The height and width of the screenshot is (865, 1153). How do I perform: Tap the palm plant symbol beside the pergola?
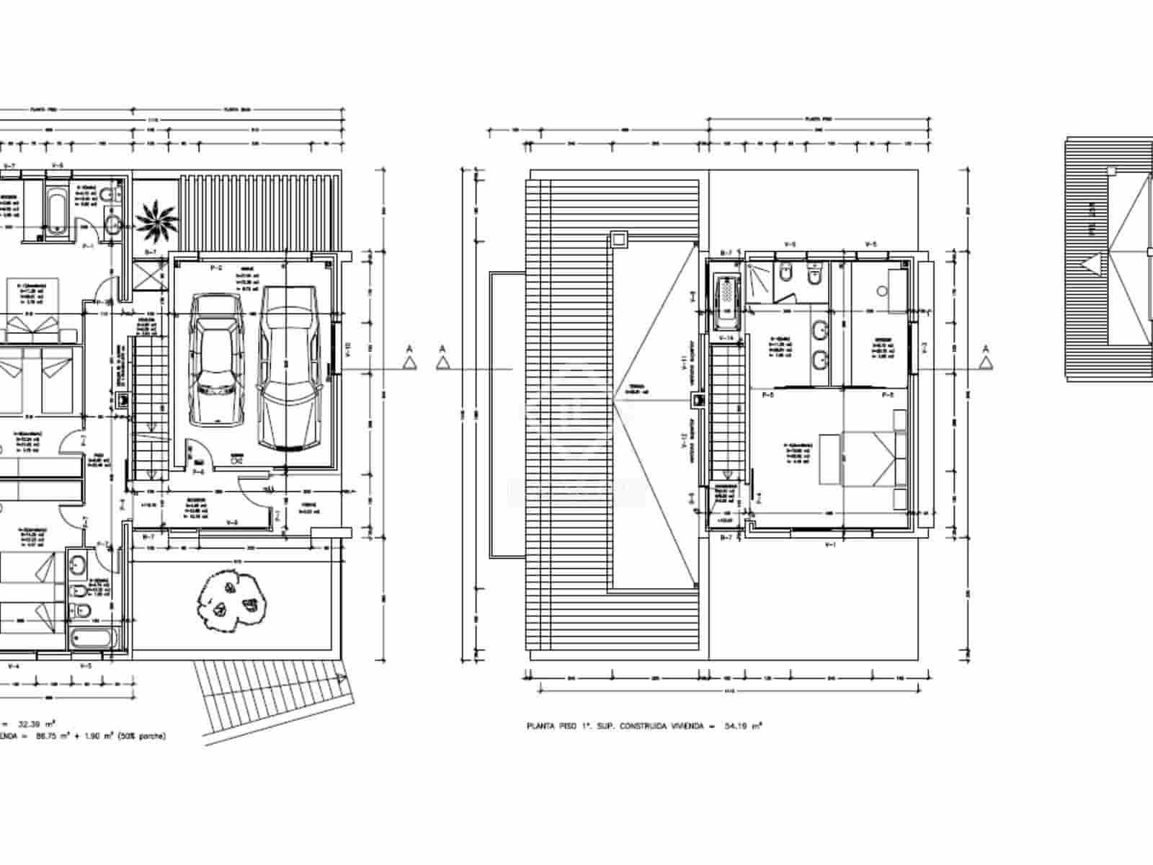point(156,216)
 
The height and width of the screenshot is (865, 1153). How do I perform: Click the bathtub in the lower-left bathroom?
point(93,639)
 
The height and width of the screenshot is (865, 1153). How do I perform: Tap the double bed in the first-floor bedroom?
point(868,457)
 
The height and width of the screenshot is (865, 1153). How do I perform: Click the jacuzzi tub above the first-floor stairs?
point(726,301)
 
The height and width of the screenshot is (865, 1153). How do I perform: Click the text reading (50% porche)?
point(141,736)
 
